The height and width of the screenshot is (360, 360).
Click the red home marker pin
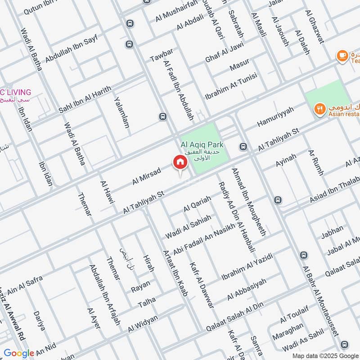click(x=180, y=163)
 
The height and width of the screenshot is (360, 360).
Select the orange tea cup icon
click(x=342, y=56)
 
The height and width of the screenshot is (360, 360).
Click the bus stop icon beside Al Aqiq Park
click(x=243, y=147)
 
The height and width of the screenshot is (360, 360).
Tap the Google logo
click(x=19, y=353)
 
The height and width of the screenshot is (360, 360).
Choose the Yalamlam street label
click(x=121, y=112)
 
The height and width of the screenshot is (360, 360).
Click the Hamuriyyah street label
click(x=275, y=117)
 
